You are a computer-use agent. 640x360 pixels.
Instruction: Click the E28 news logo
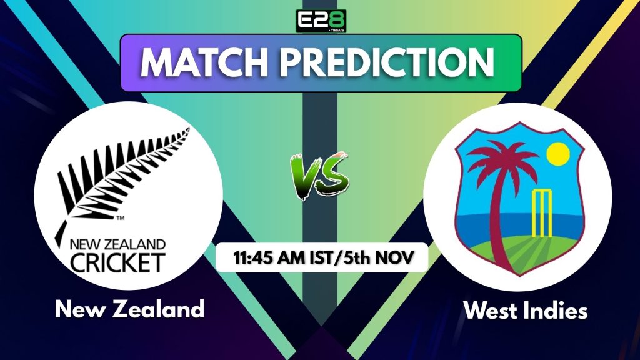(x=321, y=21)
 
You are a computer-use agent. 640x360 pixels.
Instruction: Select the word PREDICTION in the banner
(x=387, y=63)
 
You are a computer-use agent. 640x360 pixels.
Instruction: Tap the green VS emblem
(x=319, y=176)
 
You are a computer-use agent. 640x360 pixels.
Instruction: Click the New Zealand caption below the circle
(x=129, y=308)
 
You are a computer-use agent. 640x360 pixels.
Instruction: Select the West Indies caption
(x=517, y=311)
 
